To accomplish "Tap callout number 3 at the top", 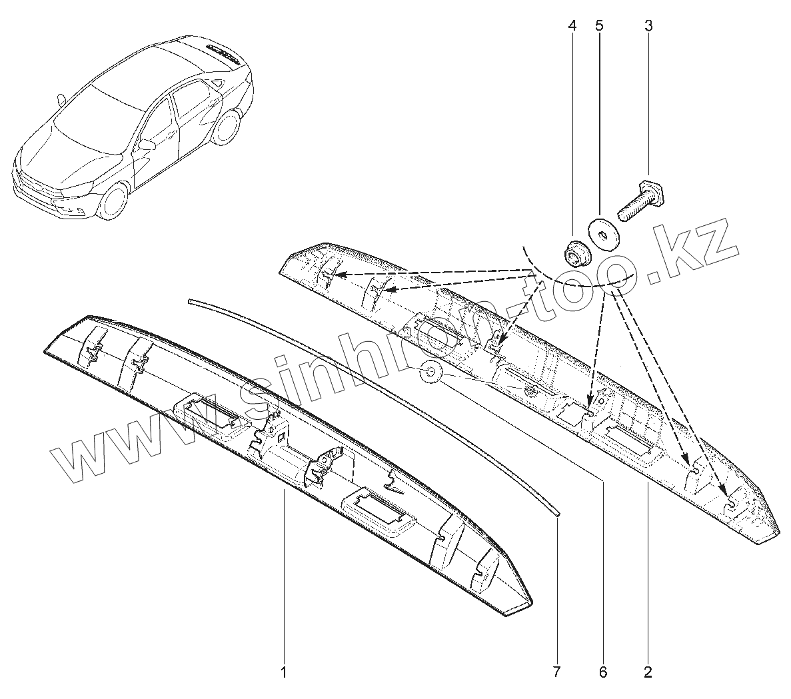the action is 648,26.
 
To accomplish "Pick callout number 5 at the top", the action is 598,26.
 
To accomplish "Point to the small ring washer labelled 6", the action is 430,371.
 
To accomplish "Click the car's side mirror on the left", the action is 62,100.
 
